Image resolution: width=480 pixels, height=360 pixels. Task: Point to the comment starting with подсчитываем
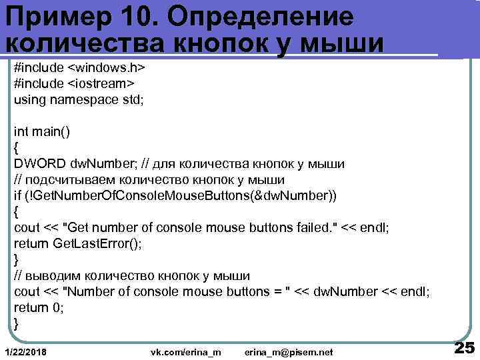click(149, 179)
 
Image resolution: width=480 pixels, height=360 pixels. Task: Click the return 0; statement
click(39, 307)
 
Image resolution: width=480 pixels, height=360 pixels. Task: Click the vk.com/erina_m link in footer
click(186, 351)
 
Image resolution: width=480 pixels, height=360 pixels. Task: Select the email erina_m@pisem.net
click(288, 351)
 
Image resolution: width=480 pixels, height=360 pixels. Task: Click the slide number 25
click(463, 347)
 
